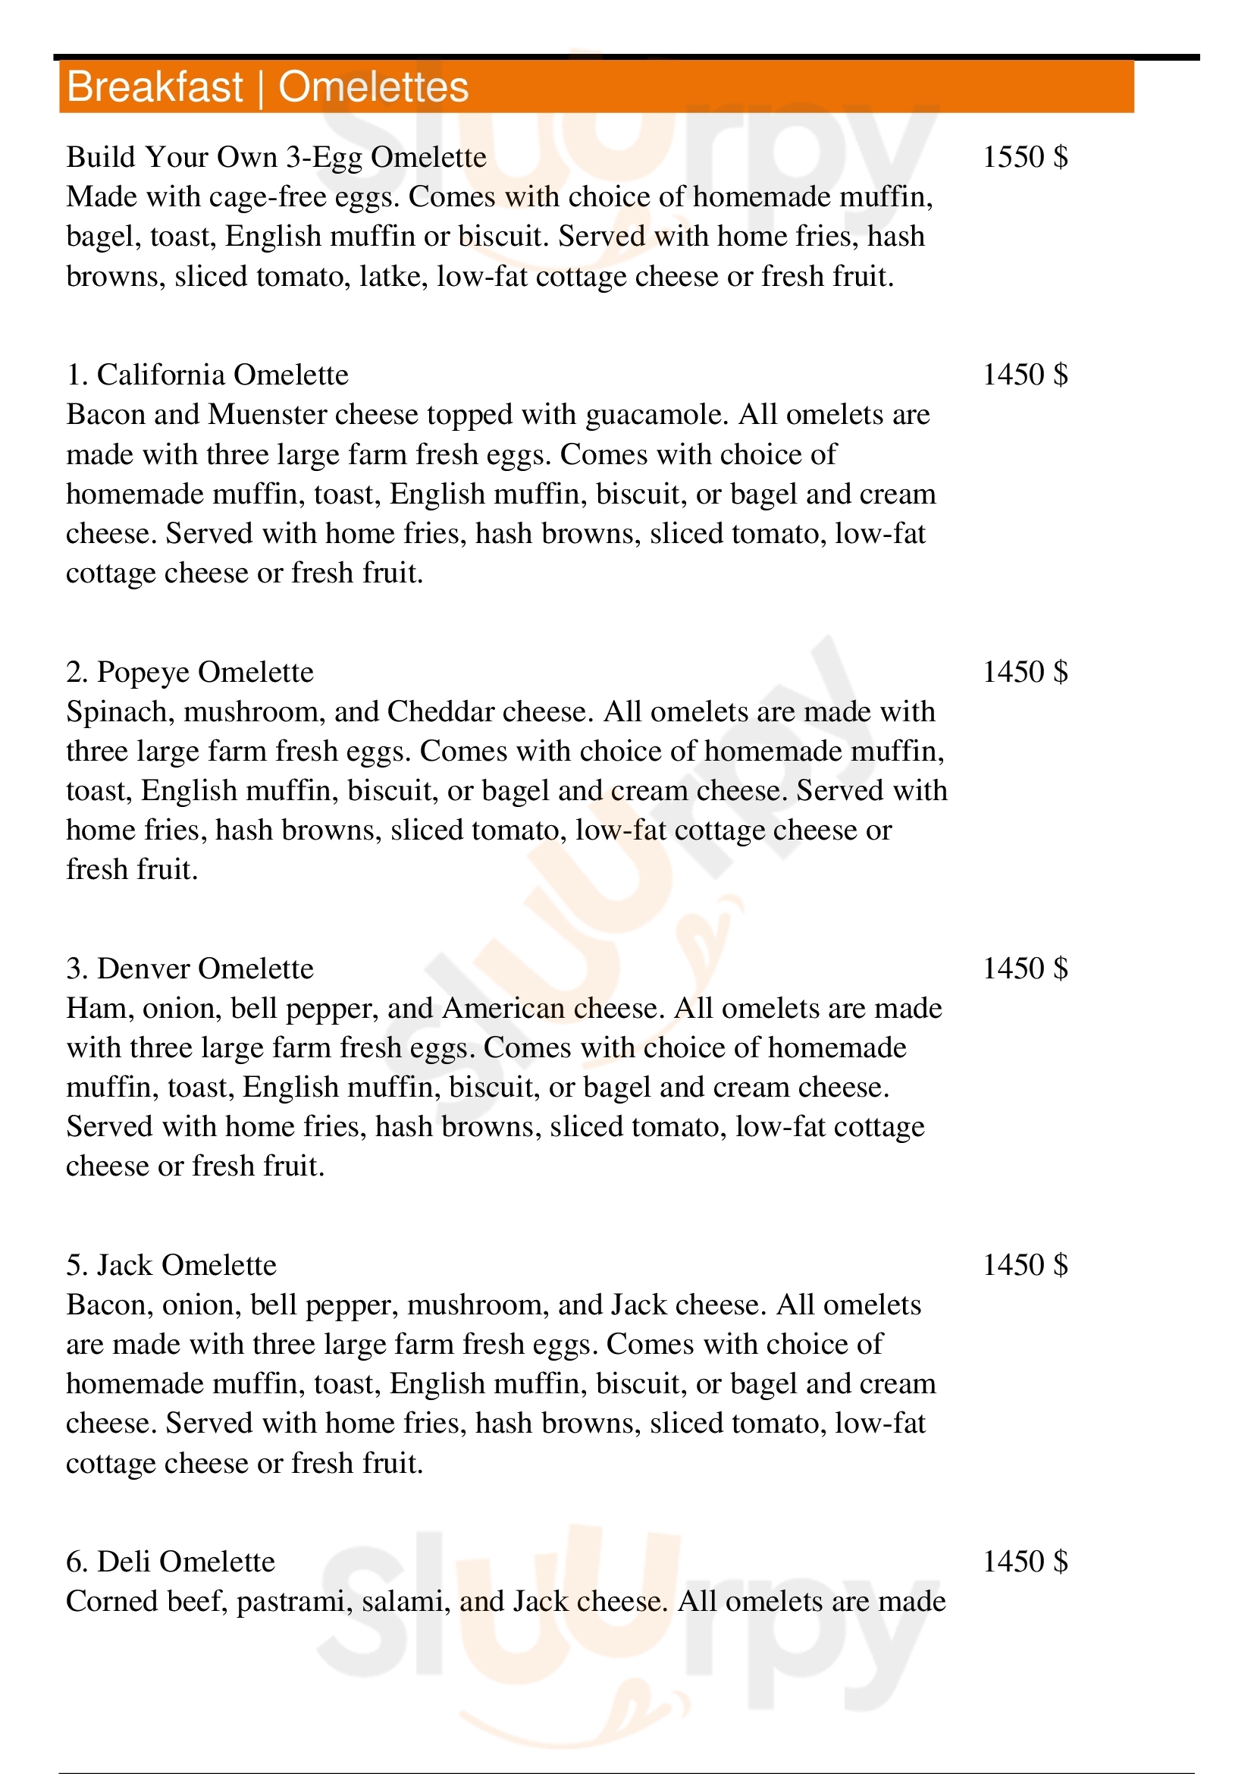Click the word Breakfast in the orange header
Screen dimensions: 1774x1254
click(155, 86)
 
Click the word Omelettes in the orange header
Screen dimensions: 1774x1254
click(373, 86)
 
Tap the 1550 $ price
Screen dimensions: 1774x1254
click(1025, 157)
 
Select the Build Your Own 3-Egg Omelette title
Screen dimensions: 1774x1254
click(277, 157)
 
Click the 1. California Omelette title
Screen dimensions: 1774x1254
click(207, 375)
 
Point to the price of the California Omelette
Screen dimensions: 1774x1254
click(1025, 375)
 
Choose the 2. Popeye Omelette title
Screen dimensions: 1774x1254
click(190, 671)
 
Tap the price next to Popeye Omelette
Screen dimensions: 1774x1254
click(1025, 671)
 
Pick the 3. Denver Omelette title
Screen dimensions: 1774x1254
click(190, 968)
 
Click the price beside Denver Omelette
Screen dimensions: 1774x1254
click(1025, 968)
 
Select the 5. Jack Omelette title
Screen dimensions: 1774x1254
click(171, 1265)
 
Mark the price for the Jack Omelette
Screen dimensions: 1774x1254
click(1025, 1265)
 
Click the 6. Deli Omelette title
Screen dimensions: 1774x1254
click(171, 1562)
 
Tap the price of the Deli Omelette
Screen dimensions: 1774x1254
click(1025, 1562)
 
